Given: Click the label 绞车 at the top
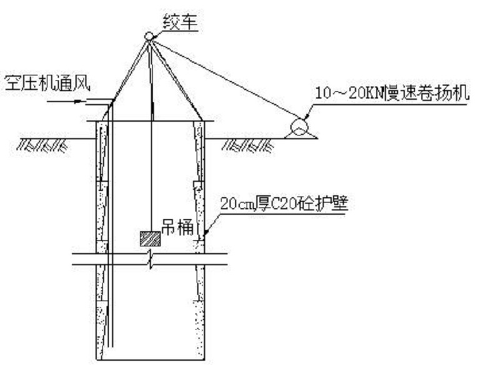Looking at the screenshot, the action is [x=180, y=22].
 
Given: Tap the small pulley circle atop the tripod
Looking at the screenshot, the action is [x=149, y=36].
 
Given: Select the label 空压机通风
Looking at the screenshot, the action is [x=47, y=83].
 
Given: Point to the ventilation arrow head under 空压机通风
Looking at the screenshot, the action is [x=80, y=101].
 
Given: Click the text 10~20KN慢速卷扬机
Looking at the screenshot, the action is [x=392, y=93].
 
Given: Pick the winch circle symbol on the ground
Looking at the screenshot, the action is [x=299, y=126].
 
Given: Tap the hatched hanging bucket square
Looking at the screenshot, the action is [x=150, y=239].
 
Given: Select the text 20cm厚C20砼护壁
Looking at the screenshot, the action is [x=284, y=203].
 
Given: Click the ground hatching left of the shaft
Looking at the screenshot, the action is [x=42, y=145].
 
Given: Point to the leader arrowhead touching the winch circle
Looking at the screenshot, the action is [x=307, y=117].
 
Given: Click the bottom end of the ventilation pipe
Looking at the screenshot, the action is [x=111, y=347].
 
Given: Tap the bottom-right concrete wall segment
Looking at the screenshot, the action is [x=199, y=330].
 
